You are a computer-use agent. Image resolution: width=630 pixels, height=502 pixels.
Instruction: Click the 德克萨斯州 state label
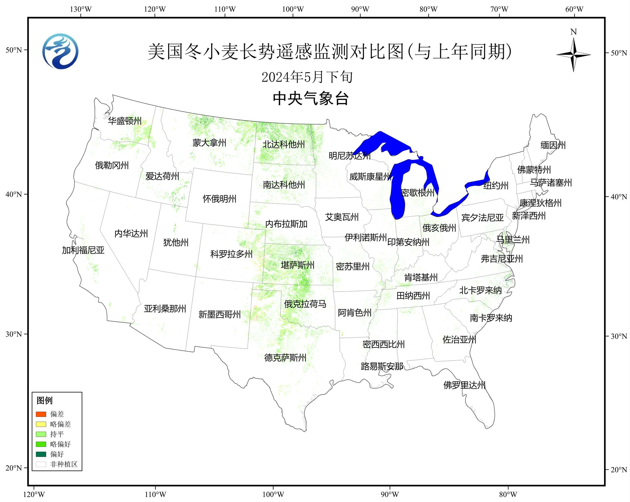(285, 357)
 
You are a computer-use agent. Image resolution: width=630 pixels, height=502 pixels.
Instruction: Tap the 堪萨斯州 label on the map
(297, 265)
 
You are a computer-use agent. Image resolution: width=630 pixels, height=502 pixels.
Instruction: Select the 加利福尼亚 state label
(83, 250)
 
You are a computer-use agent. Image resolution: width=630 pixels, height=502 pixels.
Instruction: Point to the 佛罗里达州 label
(464, 385)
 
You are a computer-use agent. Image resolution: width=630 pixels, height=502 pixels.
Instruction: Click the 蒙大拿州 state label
(209, 143)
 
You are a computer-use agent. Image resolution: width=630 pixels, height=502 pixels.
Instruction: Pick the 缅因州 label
(553, 145)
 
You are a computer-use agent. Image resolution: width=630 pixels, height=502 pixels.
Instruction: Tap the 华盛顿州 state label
(125, 121)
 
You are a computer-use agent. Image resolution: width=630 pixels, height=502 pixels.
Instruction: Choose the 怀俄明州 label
(219, 199)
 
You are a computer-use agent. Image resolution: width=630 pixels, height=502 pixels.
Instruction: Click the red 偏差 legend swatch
(41, 414)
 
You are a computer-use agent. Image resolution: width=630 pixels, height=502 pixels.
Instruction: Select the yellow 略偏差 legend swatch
(41, 424)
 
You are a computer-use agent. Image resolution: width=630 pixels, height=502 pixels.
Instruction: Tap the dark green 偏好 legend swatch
(41, 454)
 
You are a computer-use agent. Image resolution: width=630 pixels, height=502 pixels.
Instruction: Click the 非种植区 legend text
(64, 464)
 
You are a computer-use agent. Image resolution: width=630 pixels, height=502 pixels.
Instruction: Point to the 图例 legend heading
(44, 401)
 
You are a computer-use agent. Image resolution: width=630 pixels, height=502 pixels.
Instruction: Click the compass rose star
(573, 55)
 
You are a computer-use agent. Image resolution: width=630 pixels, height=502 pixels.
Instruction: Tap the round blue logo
(60, 51)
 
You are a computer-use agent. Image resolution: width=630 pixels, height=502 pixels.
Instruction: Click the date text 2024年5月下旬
(307, 77)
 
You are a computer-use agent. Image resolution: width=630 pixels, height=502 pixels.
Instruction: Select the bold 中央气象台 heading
(310, 98)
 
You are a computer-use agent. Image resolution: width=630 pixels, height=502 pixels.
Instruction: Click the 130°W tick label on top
(81, 9)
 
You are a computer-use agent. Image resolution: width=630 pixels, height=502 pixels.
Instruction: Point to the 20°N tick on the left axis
(14, 468)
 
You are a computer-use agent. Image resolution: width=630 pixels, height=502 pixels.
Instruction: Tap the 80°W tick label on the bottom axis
(508, 495)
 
